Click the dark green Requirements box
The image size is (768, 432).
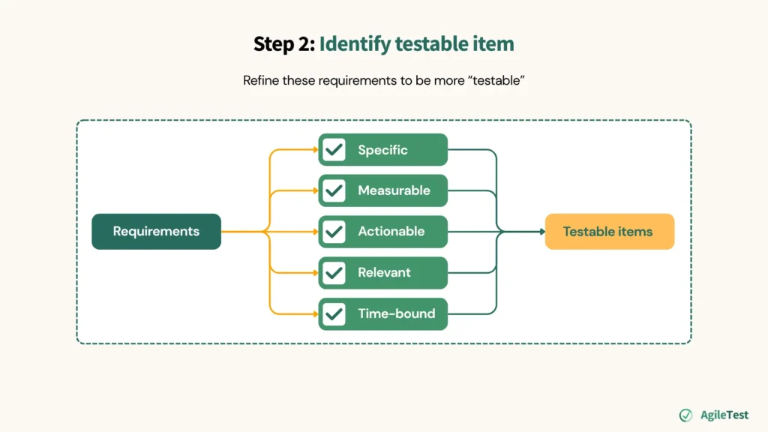coord(156,232)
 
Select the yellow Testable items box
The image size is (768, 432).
coord(609,232)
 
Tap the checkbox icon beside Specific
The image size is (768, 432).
coord(334,150)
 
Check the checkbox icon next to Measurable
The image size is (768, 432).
coord(334,190)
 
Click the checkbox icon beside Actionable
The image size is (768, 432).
coord(334,232)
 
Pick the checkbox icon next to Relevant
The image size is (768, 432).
coord(334,273)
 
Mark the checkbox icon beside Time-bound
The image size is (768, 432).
coord(334,313)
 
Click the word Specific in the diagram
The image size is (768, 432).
coord(382,150)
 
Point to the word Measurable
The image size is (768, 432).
coord(394,190)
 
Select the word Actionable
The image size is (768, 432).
coord(391,232)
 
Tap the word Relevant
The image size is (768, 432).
coord(384,273)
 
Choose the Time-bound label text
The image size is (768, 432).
coord(396,313)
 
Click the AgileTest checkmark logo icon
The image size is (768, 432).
coord(685,415)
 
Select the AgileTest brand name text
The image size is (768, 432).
coord(724,415)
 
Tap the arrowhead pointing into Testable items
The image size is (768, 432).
coord(541,232)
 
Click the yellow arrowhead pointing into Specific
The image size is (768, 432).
coord(315,150)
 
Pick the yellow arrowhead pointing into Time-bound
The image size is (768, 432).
coord(315,313)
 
